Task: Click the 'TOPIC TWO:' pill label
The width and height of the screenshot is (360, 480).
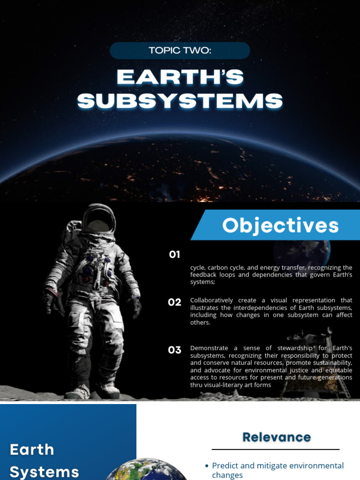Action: pos(180,51)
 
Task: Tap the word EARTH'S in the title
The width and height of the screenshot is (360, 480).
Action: pos(180,78)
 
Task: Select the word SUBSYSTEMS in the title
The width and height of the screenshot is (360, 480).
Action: pos(180,101)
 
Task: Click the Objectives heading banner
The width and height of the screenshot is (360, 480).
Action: pos(280,225)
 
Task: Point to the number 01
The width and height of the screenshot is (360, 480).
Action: pos(174,255)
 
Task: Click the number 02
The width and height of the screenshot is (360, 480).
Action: pos(174,302)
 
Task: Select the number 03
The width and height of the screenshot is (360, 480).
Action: pos(174,350)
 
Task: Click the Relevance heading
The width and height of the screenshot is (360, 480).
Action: pos(277,437)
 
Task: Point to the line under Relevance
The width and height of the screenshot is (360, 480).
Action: pos(276,450)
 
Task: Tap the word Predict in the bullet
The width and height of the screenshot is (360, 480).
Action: pos(225,465)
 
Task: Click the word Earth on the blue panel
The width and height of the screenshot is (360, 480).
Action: pos(32,450)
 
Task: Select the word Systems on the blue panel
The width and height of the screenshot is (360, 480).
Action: pos(45,472)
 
